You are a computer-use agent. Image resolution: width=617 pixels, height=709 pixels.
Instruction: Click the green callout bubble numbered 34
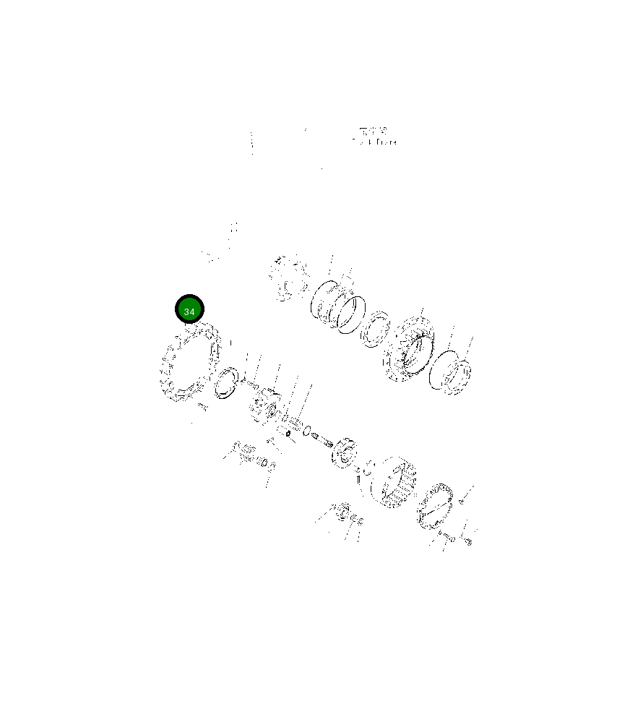[x=190, y=310]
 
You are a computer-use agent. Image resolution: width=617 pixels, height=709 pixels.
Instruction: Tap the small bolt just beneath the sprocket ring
[x=202, y=408]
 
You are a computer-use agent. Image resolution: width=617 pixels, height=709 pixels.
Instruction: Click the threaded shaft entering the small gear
[x=323, y=439]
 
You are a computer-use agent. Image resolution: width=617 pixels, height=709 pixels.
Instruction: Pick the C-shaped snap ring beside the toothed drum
[x=363, y=470]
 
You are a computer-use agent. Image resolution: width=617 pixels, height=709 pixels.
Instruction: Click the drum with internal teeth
[x=393, y=482]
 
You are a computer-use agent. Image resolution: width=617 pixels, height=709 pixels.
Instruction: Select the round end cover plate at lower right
[x=433, y=504]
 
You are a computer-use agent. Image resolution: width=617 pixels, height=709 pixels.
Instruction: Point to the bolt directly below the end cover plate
[x=446, y=536]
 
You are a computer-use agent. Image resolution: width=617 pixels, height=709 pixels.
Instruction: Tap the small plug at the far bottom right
[x=468, y=541]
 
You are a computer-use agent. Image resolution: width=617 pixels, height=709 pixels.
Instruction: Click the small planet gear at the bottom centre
[x=341, y=512]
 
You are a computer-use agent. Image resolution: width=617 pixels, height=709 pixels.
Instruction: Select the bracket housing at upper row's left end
[x=287, y=278]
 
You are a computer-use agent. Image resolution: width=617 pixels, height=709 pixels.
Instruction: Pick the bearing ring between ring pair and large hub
[x=376, y=328]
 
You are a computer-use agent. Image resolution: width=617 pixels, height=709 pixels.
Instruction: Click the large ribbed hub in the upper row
[x=408, y=350]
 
